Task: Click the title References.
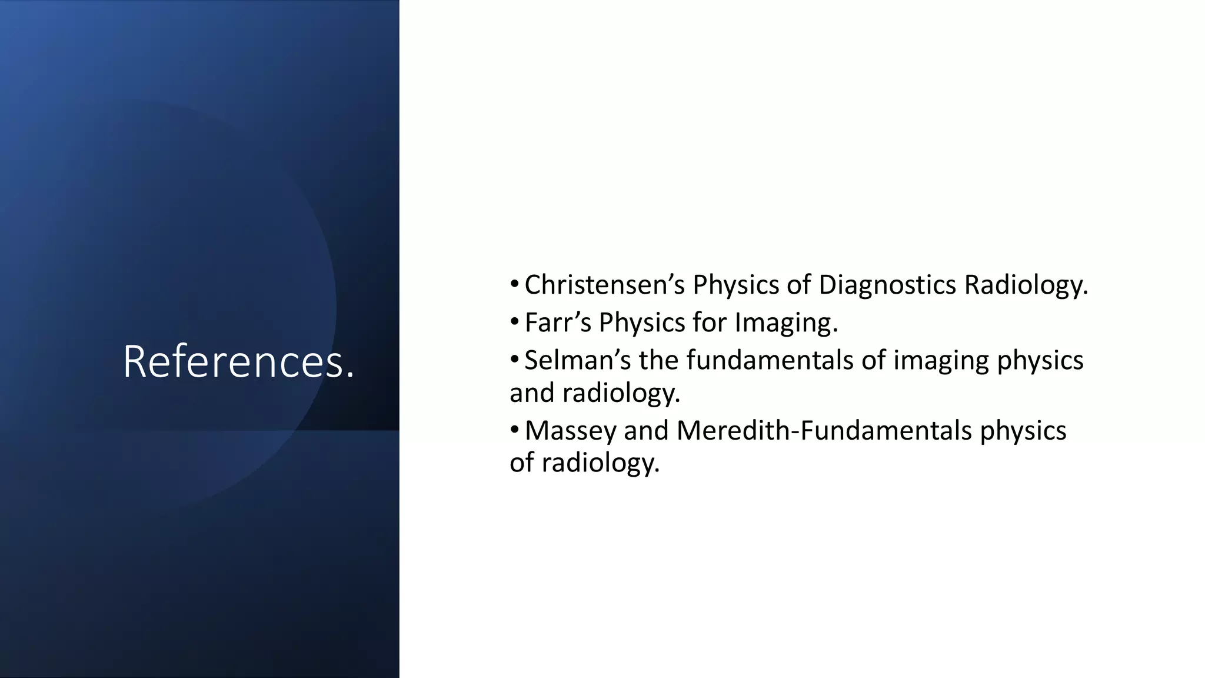point(238,361)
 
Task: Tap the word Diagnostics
point(887,285)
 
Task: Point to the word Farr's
point(557,323)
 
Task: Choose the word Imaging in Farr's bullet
point(786,323)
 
